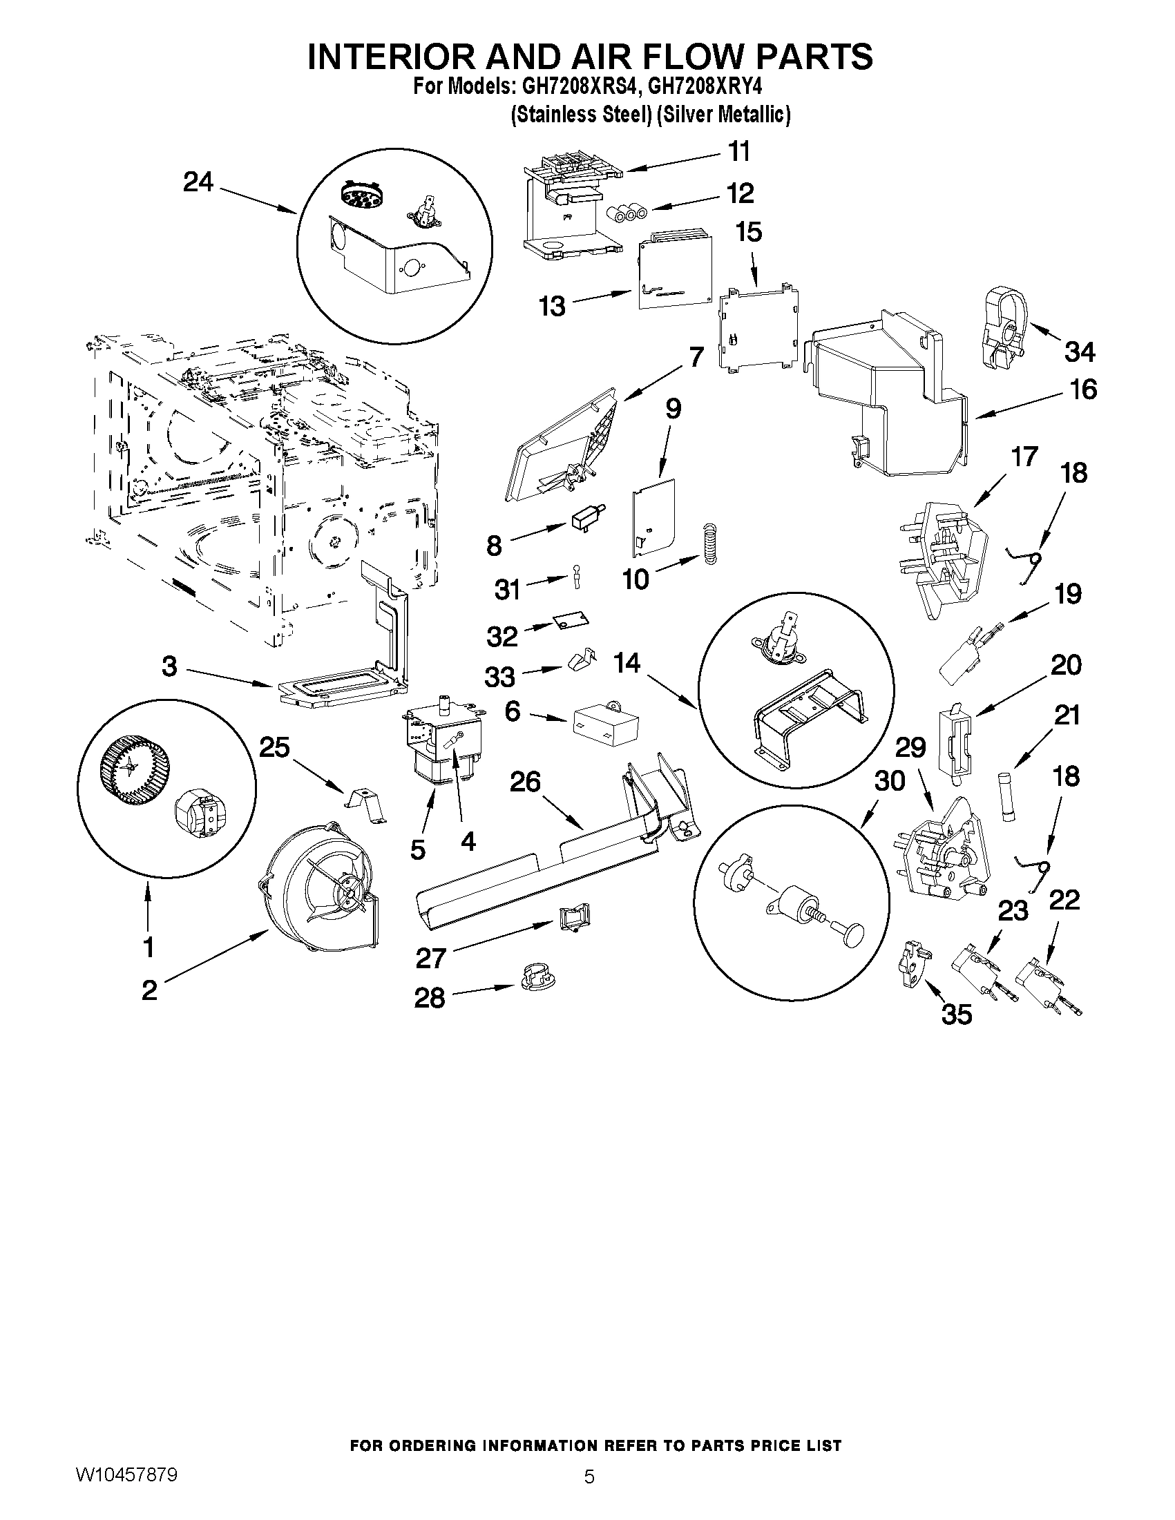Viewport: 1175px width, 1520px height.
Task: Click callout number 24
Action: (x=198, y=182)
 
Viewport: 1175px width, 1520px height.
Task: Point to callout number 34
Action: (x=1080, y=352)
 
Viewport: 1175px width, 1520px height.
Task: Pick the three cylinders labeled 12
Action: (x=627, y=213)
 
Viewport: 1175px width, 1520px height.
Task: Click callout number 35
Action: (x=957, y=1014)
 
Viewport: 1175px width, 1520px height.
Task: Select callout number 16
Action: (x=1084, y=389)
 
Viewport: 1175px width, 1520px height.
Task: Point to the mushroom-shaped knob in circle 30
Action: (x=852, y=934)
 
